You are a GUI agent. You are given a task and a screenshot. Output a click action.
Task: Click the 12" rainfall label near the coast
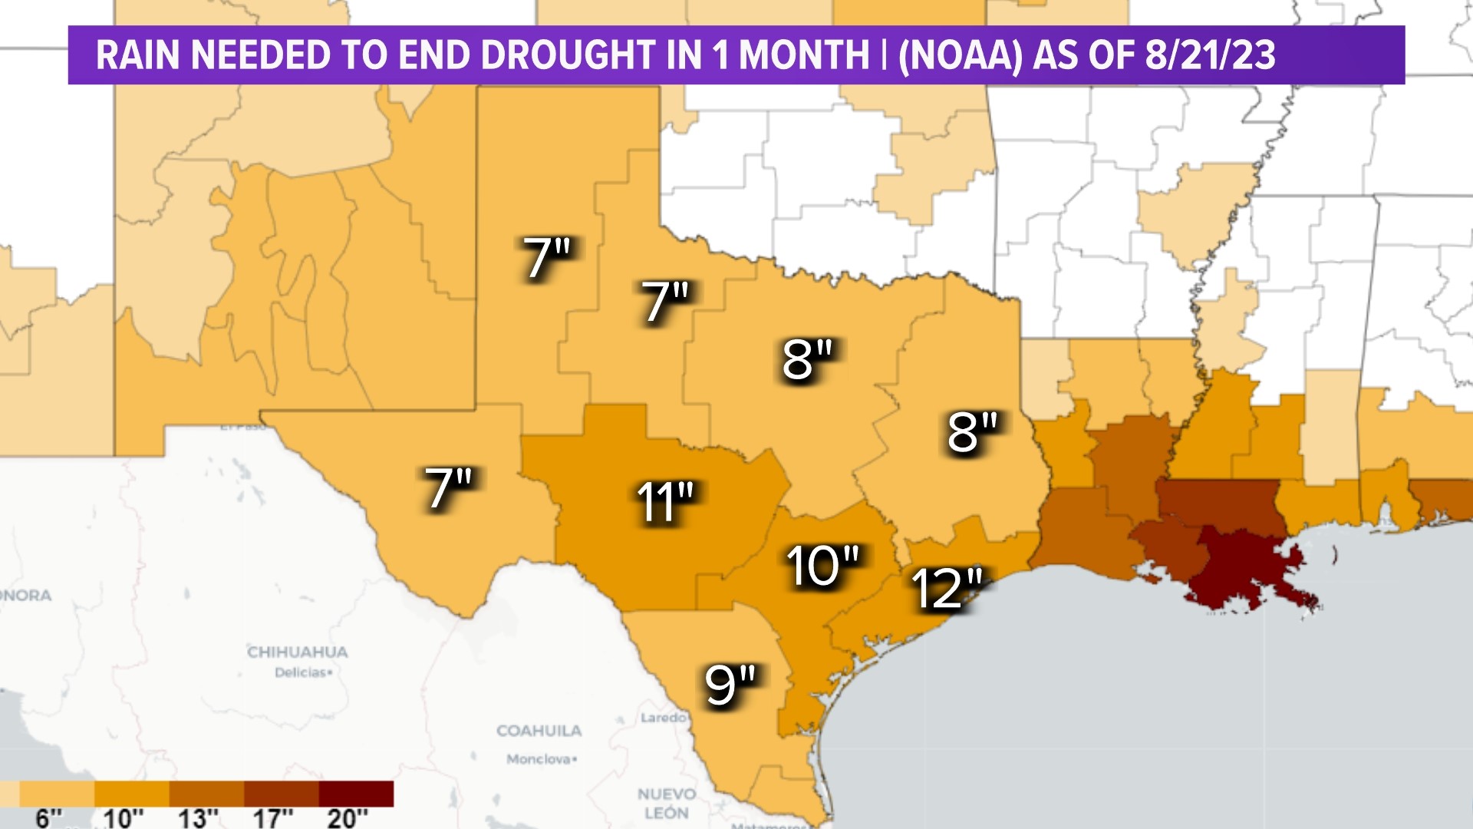[947, 590]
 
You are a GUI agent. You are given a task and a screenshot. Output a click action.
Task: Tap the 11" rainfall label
[664, 503]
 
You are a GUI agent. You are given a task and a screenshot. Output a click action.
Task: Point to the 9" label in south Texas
[730, 685]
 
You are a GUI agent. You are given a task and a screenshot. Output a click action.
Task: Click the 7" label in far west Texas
[449, 488]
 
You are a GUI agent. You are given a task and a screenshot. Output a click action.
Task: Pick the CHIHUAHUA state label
[298, 652]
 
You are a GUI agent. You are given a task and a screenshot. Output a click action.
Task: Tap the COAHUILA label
[539, 731]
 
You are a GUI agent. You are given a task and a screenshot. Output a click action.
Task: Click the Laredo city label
[664, 718]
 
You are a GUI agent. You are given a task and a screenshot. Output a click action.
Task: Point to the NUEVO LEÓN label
[667, 803]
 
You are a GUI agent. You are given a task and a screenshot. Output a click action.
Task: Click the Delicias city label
[303, 672]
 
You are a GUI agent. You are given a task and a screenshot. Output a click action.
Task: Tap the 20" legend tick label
[347, 818]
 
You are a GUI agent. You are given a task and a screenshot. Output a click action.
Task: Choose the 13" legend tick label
[198, 818]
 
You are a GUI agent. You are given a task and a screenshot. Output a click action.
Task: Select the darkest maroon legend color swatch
[356, 794]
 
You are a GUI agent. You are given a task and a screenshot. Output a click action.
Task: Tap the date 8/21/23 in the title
[1210, 55]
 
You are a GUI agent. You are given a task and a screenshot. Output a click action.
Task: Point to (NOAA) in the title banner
[960, 55]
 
